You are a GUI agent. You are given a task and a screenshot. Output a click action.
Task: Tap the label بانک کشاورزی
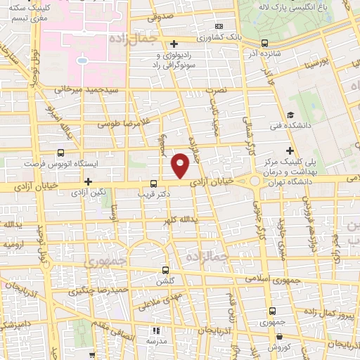[x=218, y=35]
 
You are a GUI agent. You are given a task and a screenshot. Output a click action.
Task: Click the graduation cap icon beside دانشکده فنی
[x=291, y=116]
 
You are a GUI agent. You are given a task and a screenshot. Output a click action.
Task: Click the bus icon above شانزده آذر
[x=266, y=41]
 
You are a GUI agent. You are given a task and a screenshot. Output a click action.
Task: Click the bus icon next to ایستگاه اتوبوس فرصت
[x=62, y=152]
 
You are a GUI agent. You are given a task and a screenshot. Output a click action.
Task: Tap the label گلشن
[x=167, y=278]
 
